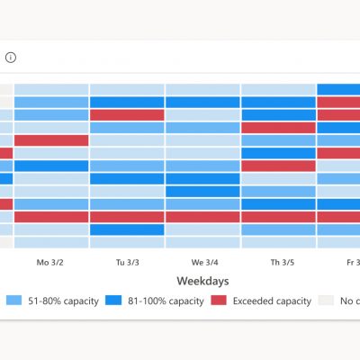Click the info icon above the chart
click(x=11, y=58)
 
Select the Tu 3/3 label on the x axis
click(x=126, y=263)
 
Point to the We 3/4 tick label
click(x=202, y=263)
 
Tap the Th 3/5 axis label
click(x=279, y=263)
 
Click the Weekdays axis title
click(x=202, y=281)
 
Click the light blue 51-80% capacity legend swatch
click(x=13, y=301)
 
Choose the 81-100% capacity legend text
click(x=166, y=301)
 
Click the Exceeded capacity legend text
click(x=273, y=301)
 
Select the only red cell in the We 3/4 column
click(x=202, y=217)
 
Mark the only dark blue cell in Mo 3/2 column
click(x=51, y=166)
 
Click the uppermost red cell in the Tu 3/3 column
click(x=126, y=114)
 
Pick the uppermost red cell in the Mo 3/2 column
click(x=51, y=140)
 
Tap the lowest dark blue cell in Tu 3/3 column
click(x=126, y=229)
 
